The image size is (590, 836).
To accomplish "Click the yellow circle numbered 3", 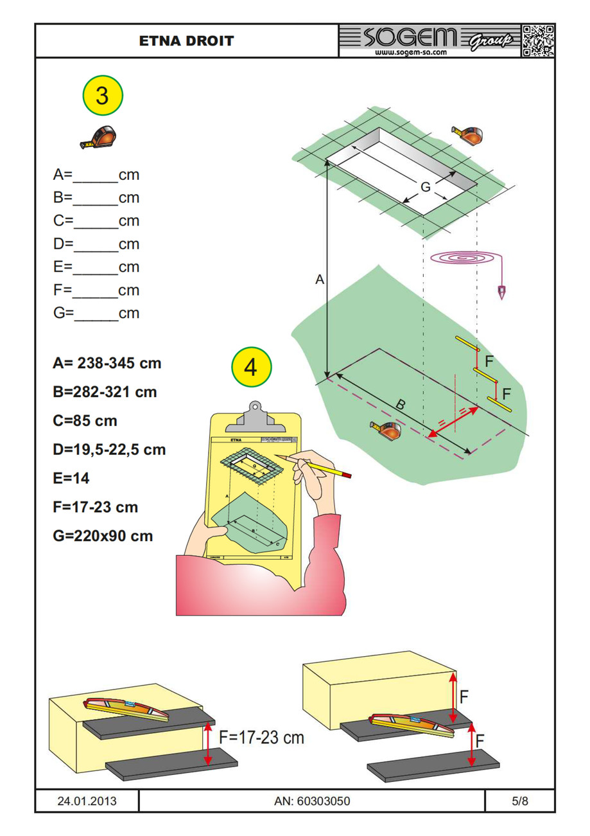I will coord(102,96).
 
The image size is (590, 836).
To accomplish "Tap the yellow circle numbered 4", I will coord(252,368).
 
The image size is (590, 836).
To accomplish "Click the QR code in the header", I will coord(537,41).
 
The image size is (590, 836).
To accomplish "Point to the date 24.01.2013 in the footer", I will coord(87,801).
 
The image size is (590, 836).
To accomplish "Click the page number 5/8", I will coord(519,801).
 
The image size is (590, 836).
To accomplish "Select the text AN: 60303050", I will coord(311,801).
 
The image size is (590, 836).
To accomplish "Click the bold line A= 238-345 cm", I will coord(107,363).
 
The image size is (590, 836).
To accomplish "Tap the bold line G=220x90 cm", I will coord(103,535).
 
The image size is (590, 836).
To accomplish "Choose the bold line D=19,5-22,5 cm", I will coord(109,449).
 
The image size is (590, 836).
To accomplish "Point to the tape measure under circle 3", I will coord(100,137).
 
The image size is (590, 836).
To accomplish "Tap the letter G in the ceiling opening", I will coord(425,187).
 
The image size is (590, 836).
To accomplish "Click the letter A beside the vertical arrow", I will coord(319,280).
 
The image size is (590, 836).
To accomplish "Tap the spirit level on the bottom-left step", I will coord(126,709).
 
